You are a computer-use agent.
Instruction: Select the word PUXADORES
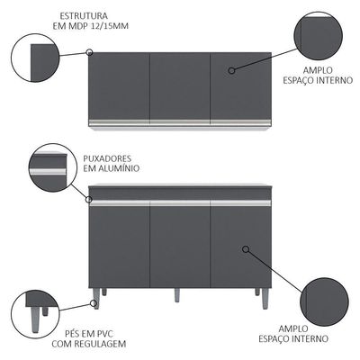107,158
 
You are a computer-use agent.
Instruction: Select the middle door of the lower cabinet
180,244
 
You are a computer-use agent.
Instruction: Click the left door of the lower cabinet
120,244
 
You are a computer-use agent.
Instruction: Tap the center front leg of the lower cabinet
177,295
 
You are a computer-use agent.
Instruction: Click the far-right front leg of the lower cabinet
265,298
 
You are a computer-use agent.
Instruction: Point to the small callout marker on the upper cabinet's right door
231,70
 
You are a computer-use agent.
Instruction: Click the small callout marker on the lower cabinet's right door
246,249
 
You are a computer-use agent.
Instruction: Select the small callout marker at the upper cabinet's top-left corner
89,52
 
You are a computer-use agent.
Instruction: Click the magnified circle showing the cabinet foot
34,314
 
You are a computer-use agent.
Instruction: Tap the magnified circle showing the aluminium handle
51,166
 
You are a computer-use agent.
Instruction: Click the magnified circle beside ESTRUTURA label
34,58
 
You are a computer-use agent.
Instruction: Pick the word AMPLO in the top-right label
318,70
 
